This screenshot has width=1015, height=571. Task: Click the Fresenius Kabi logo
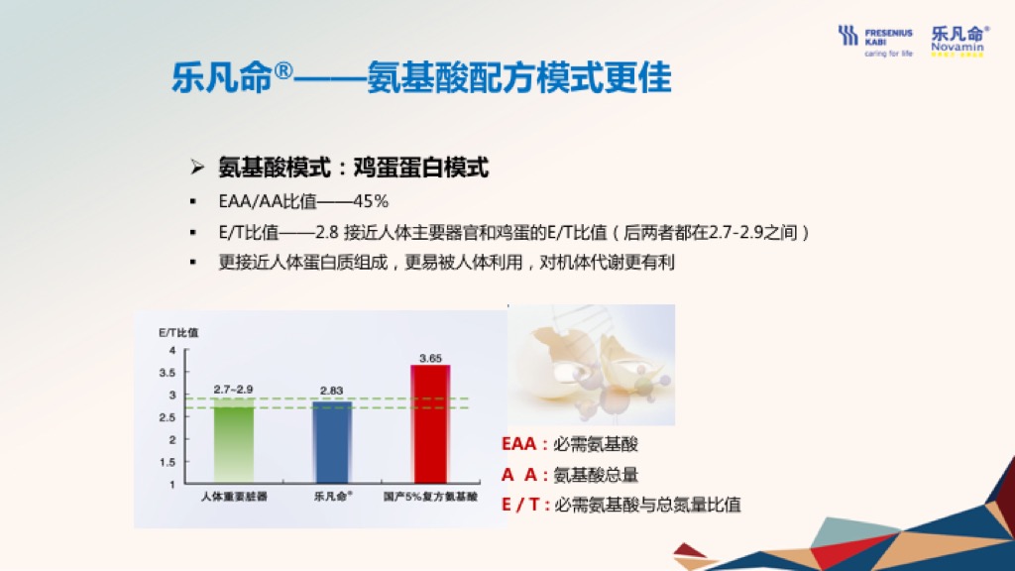click(x=875, y=42)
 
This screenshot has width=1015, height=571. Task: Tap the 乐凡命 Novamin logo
click(x=959, y=41)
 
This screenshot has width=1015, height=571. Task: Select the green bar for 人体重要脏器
click(x=234, y=441)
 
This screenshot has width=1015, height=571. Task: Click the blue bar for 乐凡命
click(x=332, y=442)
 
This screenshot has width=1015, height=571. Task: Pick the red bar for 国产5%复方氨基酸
click(x=430, y=424)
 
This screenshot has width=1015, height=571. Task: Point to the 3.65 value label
click(x=430, y=358)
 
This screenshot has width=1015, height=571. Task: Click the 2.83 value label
click(x=331, y=391)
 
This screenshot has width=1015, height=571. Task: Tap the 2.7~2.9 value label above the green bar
click(x=233, y=389)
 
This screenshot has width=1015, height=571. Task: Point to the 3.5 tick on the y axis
click(x=167, y=373)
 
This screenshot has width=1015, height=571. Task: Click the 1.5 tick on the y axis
click(x=167, y=462)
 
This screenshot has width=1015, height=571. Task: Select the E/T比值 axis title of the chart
click(x=178, y=333)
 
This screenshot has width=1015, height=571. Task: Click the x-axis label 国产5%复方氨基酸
click(x=430, y=497)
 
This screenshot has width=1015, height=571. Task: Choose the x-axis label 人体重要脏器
click(x=234, y=497)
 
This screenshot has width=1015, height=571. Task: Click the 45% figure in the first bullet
click(x=371, y=201)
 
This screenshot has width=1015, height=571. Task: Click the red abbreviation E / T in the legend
click(x=521, y=505)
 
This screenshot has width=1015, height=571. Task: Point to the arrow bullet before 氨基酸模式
click(x=197, y=168)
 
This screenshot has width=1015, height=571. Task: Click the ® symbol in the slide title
click(x=283, y=70)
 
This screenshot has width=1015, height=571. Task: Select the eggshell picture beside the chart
click(x=592, y=365)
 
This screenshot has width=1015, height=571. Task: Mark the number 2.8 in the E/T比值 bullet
click(x=327, y=232)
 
